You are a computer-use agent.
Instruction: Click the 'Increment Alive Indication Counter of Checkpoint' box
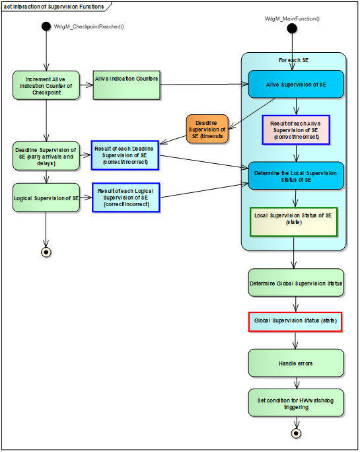tap(46, 85)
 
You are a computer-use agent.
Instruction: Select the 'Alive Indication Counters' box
tap(126, 85)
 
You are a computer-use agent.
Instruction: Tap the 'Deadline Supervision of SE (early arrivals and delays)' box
tap(46, 157)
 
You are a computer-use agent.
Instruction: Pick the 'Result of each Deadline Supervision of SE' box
tap(126, 156)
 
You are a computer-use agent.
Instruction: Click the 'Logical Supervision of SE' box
tap(46, 198)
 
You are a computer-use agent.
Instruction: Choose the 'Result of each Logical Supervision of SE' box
tap(126, 198)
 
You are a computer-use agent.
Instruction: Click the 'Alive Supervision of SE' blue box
tap(296, 84)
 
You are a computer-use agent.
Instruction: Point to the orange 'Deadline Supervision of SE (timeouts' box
tap(207, 130)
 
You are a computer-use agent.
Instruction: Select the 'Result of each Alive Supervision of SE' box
tap(295, 130)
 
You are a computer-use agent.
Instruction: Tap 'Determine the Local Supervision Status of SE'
tap(296, 176)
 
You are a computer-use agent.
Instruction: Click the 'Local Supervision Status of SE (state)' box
tap(294, 221)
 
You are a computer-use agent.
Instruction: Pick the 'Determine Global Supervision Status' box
tap(296, 283)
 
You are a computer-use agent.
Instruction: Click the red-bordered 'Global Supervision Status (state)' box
tap(295, 322)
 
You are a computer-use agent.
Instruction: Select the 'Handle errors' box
tap(296, 363)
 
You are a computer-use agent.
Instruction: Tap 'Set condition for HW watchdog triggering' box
tap(296, 402)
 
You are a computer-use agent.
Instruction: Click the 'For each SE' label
tap(294, 60)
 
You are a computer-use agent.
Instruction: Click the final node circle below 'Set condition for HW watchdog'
tap(297, 433)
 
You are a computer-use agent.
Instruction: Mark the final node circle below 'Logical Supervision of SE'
tap(46, 252)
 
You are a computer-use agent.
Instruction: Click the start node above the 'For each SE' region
tap(293, 29)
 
